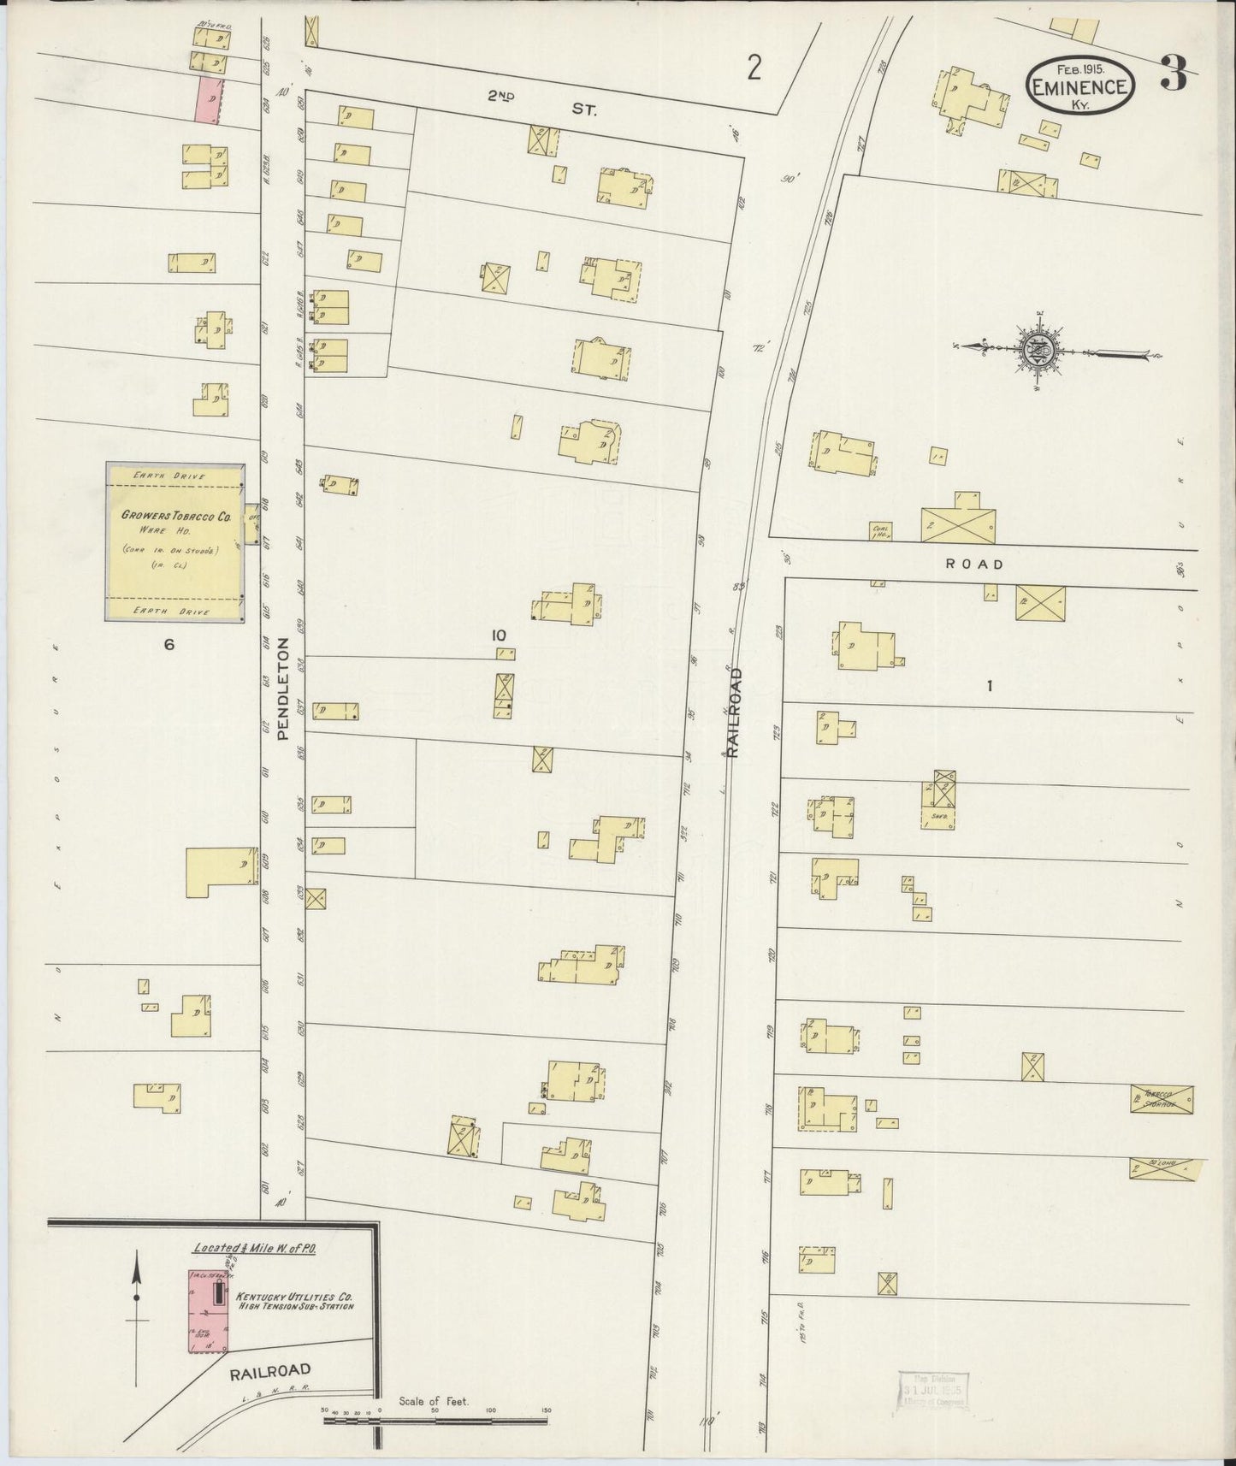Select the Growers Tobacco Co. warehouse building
pos(174,542)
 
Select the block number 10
pos(500,635)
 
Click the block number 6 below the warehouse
pos(169,645)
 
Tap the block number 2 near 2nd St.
pos(753,68)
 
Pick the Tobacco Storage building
pos(1162,1099)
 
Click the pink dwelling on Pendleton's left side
pos(208,99)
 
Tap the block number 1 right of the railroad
pos(989,685)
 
